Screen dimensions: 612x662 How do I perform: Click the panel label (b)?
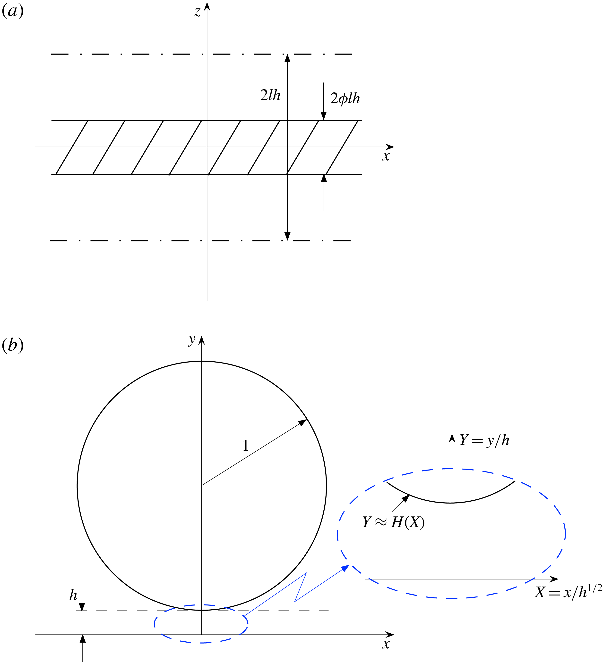13,345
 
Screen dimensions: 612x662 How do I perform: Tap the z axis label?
197,12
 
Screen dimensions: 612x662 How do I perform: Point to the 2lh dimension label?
270,95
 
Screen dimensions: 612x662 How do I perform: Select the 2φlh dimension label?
345,99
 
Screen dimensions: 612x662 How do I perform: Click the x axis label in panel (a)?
386,156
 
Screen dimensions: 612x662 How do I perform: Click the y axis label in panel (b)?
192,340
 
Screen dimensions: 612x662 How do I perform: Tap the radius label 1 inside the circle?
245,446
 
